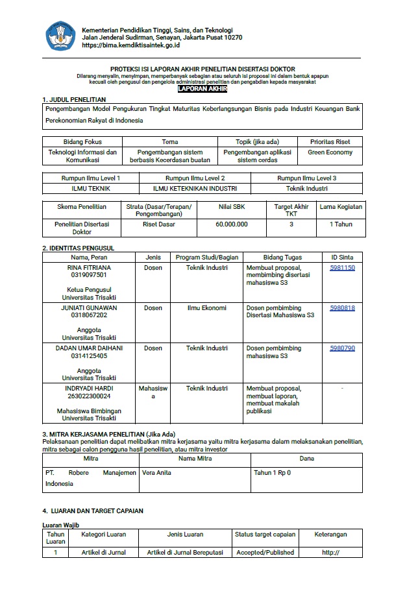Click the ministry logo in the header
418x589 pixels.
60,36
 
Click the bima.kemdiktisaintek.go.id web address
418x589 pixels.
131,45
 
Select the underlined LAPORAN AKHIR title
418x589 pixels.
200,89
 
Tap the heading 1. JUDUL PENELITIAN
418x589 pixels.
74,99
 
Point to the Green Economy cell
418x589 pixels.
330,152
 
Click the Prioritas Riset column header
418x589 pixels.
330,141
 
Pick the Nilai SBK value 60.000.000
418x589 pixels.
232,224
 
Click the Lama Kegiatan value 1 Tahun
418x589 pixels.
341,224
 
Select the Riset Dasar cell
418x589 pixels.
159,224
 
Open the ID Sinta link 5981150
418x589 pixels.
342,267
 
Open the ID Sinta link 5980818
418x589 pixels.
342,307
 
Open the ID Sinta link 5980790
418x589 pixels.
342,348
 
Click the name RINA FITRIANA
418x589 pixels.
89,267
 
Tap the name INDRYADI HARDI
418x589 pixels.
89,388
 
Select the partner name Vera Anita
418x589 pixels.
156,473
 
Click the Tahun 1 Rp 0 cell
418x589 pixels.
272,473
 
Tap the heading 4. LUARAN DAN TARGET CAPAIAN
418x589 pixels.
93,511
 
